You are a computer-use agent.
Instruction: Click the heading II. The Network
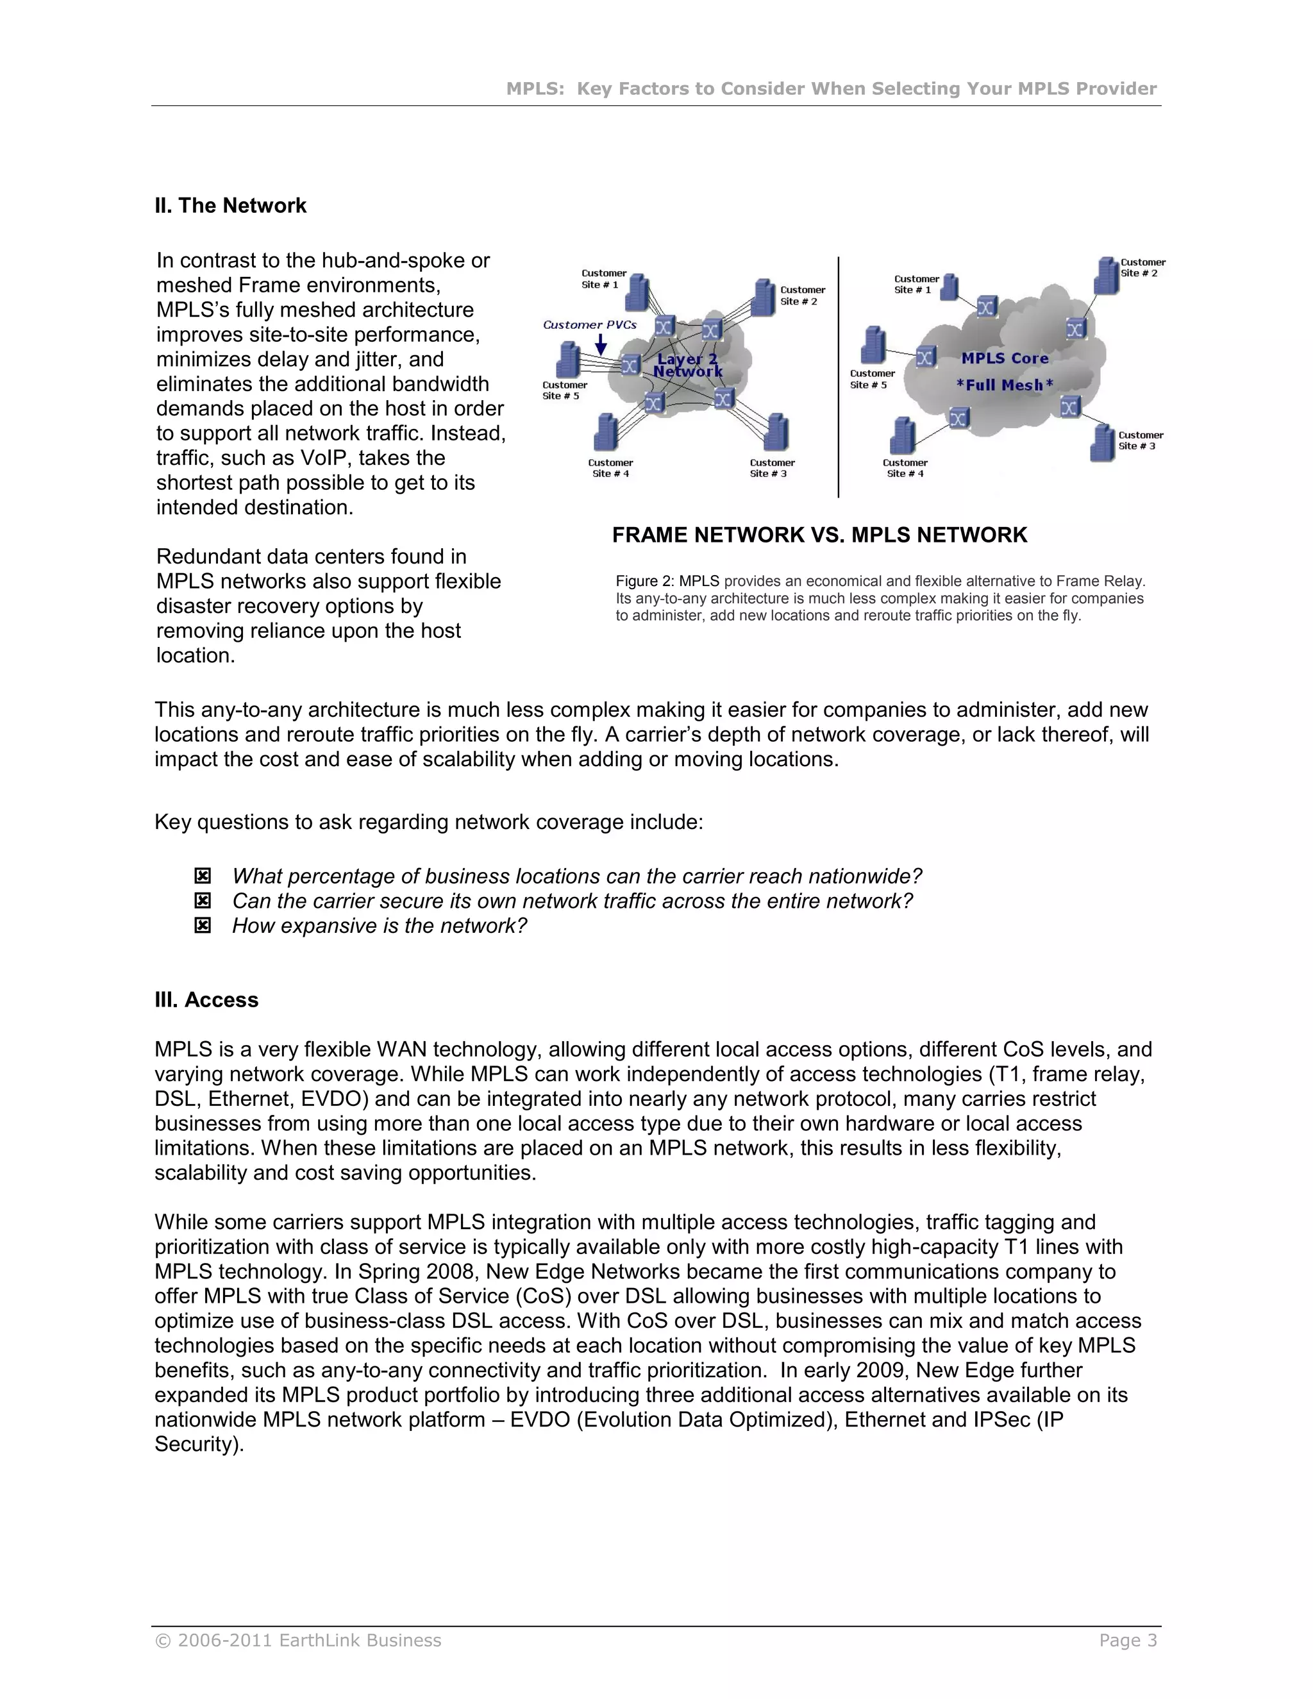(230, 205)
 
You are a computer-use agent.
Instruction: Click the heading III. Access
(206, 1000)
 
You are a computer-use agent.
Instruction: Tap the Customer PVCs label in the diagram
(590, 325)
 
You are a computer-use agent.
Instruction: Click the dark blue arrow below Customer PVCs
(601, 345)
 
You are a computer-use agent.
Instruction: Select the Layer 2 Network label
(688, 365)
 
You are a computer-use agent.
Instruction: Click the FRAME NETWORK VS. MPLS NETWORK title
(819, 535)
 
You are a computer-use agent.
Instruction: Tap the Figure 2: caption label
(645, 581)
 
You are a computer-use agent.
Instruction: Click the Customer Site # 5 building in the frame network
(569, 361)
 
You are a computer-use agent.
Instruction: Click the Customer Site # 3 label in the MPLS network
(1141, 441)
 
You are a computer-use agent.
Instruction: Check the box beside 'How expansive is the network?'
(202, 926)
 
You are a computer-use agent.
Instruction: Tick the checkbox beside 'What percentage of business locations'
(202, 876)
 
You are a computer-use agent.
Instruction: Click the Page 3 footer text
(1127, 1641)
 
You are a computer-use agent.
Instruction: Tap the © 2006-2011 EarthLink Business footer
(298, 1641)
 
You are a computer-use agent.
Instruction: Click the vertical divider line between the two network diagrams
(839, 377)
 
